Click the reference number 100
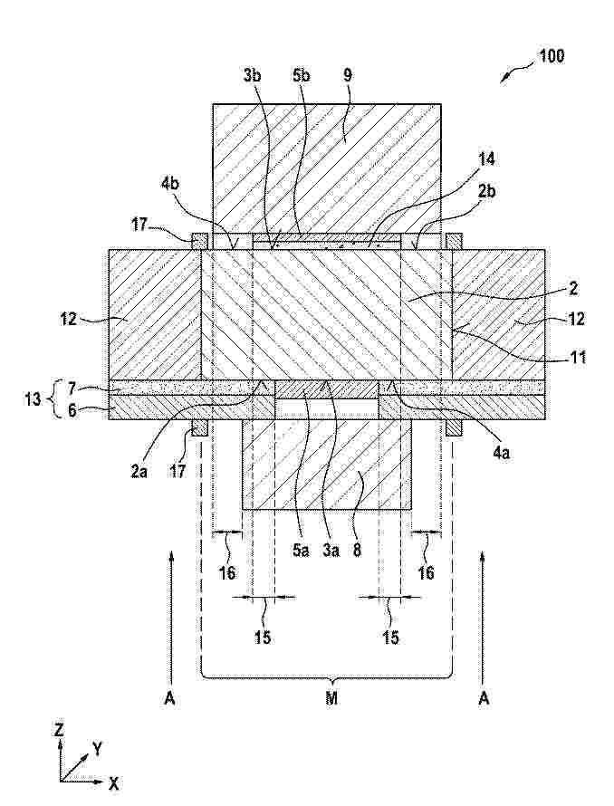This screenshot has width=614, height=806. [551, 55]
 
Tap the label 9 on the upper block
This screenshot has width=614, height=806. [348, 75]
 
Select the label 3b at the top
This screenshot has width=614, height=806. [253, 75]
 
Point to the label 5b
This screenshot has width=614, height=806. [302, 75]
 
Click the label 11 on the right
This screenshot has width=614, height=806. [578, 356]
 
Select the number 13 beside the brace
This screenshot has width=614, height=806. [33, 398]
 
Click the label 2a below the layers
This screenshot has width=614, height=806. [139, 471]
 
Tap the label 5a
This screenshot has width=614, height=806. [302, 551]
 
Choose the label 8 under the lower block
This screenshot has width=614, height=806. [357, 551]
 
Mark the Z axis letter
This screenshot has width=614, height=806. [60, 729]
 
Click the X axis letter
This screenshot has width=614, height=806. [113, 783]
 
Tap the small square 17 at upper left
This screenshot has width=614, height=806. [199, 241]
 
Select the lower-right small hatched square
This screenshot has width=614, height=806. [454, 427]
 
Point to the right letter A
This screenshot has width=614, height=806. [484, 698]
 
